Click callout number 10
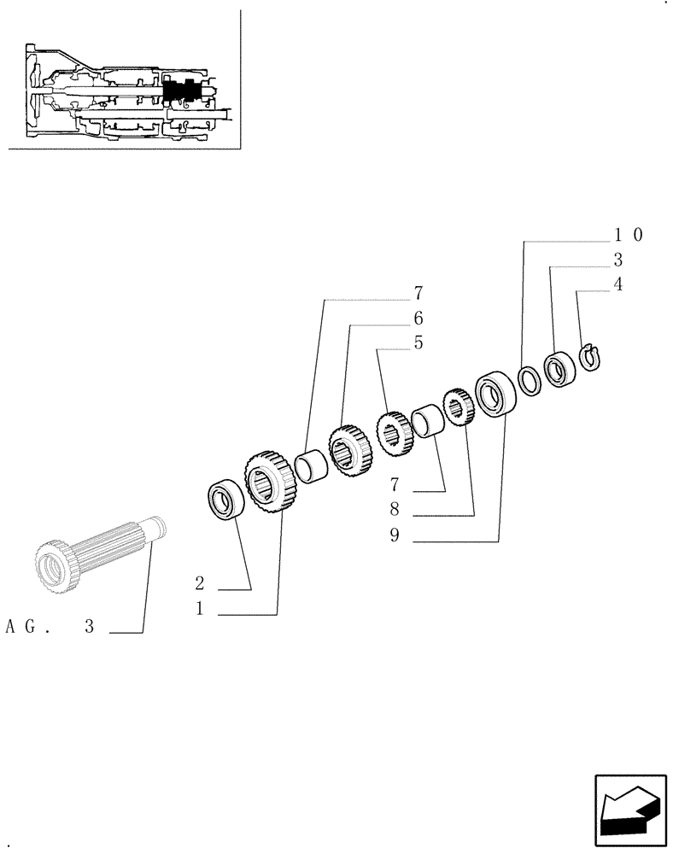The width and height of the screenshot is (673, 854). click(x=628, y=234)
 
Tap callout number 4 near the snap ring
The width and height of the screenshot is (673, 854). click(x=617, y=285)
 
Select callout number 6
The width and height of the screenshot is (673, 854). click(x=418, y=319)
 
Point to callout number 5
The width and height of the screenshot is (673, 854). click(x=418, y=343)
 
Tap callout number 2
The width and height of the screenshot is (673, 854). click(x=199, y=584)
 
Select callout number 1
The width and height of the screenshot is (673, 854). click(x=199, y=611)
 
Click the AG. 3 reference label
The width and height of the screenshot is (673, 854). click(x=50, y=628)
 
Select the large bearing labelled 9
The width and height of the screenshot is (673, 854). click(x=493, y=394)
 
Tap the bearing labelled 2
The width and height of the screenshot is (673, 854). click(x=226, y=500)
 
